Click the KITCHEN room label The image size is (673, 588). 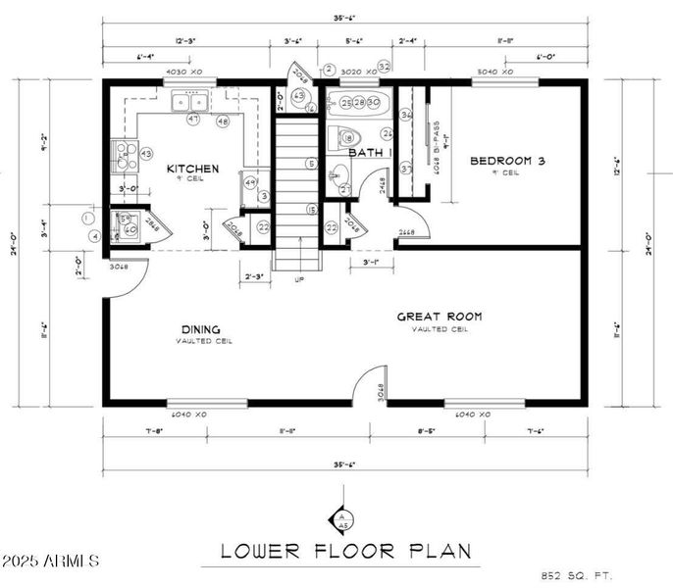pos(191,169)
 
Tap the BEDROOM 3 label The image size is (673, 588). pos(507,161)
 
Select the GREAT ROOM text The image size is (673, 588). pos(439,317)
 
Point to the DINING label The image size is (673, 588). pos(200,329)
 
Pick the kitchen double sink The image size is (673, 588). pos(188,101)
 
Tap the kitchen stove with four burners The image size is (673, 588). pos(126,154)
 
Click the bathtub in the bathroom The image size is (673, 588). pos(358,103)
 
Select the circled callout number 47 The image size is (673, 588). pos(193,120)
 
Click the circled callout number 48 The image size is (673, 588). pos(224,121)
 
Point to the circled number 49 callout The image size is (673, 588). pos(250,183)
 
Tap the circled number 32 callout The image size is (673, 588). pos(385,67)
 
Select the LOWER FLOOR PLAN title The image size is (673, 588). pos(344,551)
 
